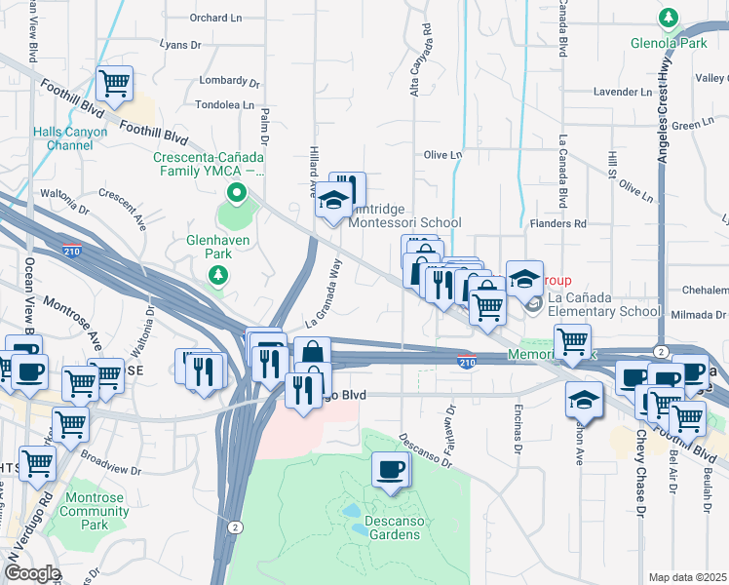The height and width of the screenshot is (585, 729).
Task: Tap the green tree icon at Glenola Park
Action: tap(669, 17)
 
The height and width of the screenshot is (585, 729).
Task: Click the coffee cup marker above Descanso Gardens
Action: tap(391, 470)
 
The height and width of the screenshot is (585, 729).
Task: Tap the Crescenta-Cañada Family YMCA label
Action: tap(210, 165)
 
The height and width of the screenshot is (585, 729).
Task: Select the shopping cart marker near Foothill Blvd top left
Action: tap(115, 84)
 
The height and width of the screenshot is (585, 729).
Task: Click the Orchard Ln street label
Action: tap(215, 18)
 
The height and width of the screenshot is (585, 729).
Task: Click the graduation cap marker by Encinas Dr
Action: tap(585, 400)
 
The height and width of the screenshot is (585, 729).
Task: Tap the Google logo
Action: tap(32, 573)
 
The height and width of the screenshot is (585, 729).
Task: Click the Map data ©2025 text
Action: tap(688, 577)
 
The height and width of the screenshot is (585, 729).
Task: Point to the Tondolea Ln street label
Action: tap(224, 104)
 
